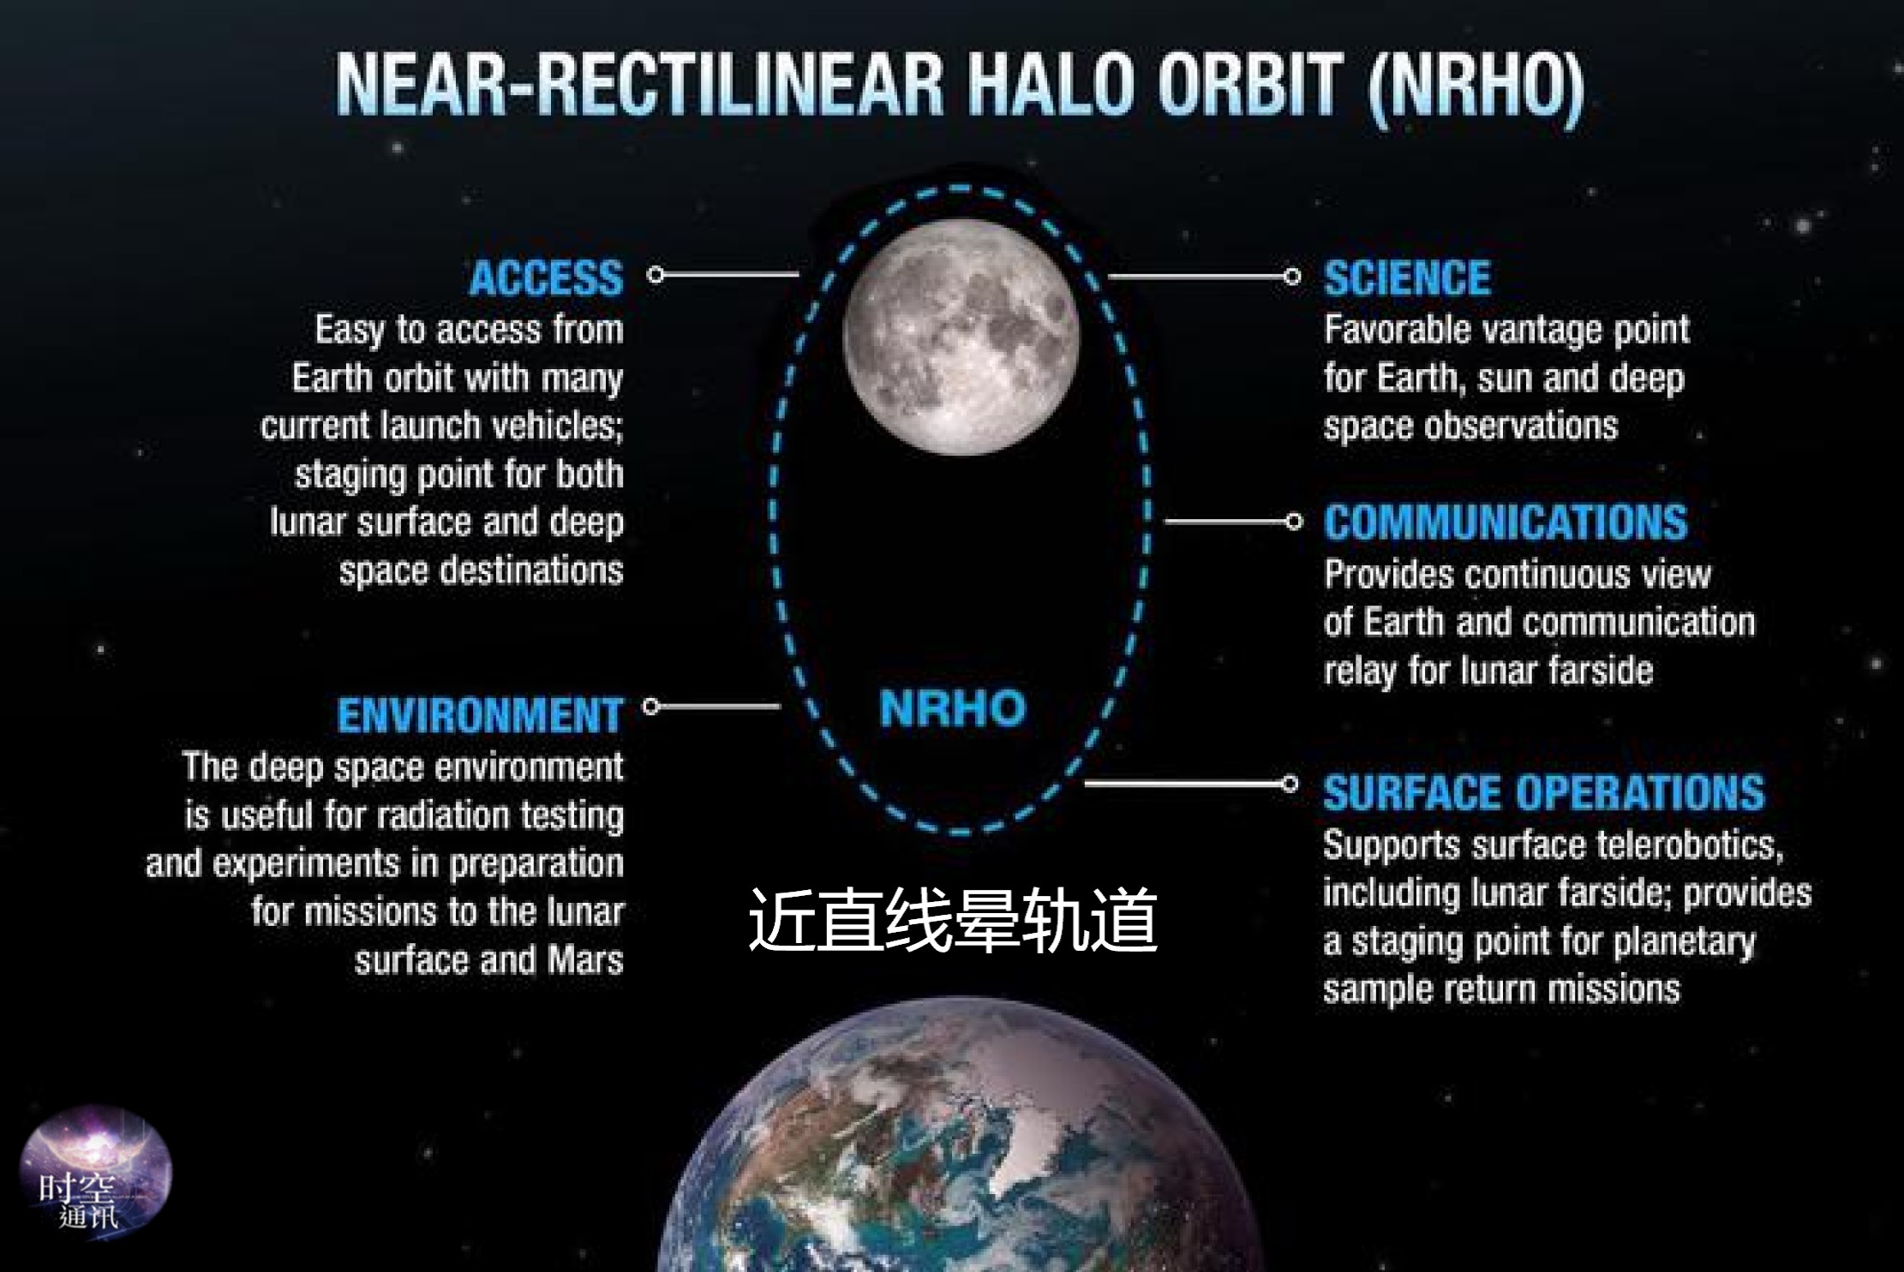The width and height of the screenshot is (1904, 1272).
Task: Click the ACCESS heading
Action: (546, 278)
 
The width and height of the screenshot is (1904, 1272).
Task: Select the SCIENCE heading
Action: (1407, 278)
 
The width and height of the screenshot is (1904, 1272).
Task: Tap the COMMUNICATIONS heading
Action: (1506, 523)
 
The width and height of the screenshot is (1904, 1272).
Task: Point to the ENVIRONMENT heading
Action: (480, 715)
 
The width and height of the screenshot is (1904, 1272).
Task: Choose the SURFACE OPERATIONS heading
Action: (1544, 792)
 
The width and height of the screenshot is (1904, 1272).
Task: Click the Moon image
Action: (961, 337)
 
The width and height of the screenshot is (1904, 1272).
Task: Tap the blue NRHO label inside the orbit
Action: (952, 708)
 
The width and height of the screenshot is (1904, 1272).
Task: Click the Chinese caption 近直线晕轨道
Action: (953, 920)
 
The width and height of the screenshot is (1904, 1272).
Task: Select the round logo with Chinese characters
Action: (95, 1172)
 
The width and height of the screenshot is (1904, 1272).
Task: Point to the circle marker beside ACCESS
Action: (656, 274)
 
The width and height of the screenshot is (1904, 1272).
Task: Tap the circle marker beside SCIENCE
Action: (1292, 277)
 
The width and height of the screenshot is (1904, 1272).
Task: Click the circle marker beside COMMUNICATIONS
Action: (1294, 521)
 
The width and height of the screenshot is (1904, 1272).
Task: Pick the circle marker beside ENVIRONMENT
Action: (651, 706)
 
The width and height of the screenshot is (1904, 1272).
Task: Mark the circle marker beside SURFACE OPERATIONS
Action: (1290, 783)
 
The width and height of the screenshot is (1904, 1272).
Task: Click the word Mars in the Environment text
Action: (586, 960)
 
